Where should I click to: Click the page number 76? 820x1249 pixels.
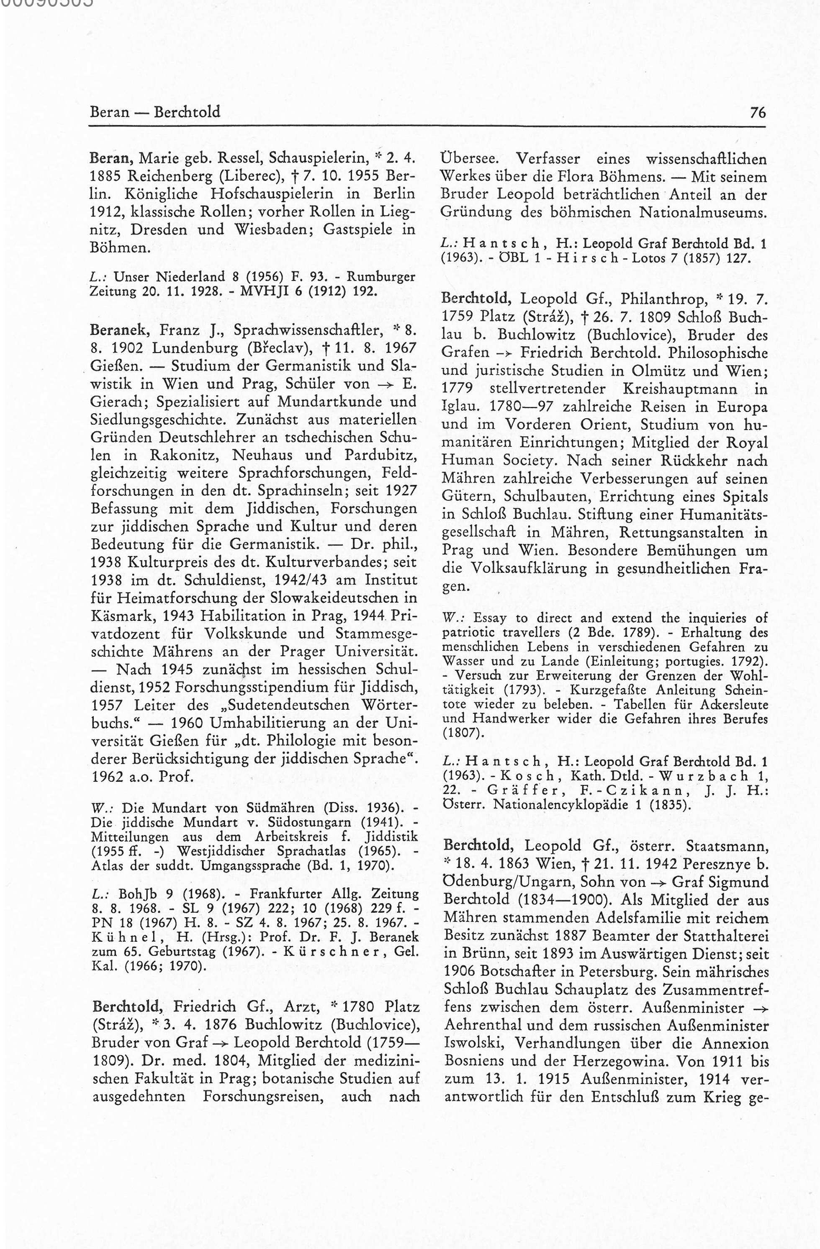(x=758, y=112)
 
